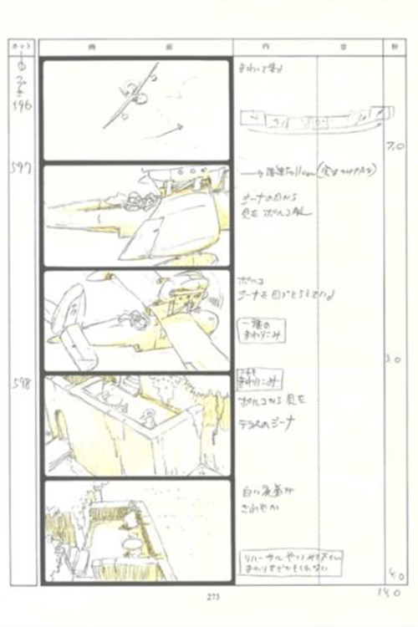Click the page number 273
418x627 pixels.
[x=208, y=596]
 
